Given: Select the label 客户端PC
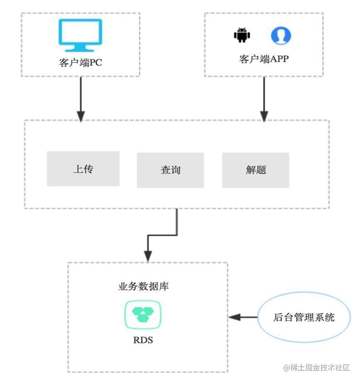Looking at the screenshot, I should pyautogui.click(x=80, y=63).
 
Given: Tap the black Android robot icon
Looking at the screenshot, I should pyautogui.click(x=242, y=35).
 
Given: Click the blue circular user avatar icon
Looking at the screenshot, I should pyautogui.click(x=281, y=36).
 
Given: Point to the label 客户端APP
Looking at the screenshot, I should pyautogui.click(x=264, y=59).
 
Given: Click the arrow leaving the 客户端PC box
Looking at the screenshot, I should pyautogui.click(x=81, y=96).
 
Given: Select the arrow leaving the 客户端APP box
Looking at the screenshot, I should pyautogui.click(x=264, y=96).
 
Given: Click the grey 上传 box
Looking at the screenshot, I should pyautogui.click(x=83, y=169).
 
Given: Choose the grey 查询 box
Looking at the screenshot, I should pyautogui.click(x=170, y=170).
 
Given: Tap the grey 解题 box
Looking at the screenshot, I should pyautogui.click(x=256, y=170).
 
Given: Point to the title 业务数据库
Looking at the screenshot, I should pyautogui.click(x=143, y=287).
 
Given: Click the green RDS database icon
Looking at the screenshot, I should pyautogui.click(x=143, y=315).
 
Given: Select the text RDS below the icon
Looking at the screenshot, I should pyautogui.click(x=143, y=340).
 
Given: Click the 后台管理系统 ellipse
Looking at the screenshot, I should pyautogui.click(x=304, y=317).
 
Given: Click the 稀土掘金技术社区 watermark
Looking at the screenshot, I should pyautogui.click(x=317, y=367).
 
